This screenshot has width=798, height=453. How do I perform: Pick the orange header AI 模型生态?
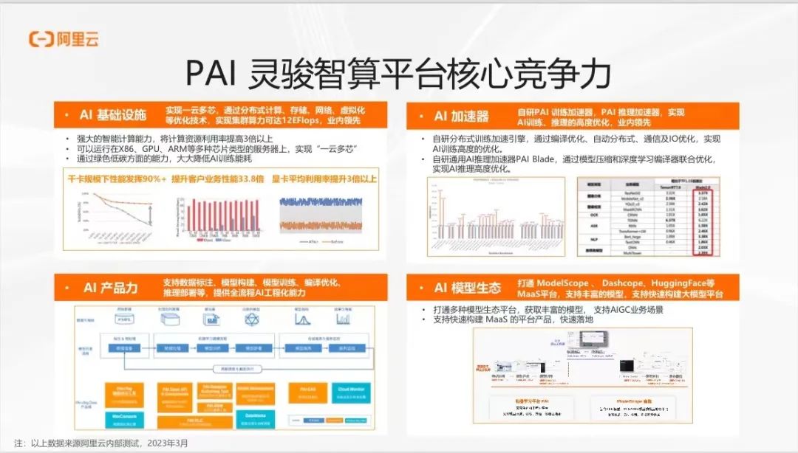point(467,288)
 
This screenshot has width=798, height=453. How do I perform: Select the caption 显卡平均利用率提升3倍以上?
point(324,178)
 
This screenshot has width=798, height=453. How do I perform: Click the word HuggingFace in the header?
point(681,283)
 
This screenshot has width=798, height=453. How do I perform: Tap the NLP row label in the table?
point(592,240)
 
